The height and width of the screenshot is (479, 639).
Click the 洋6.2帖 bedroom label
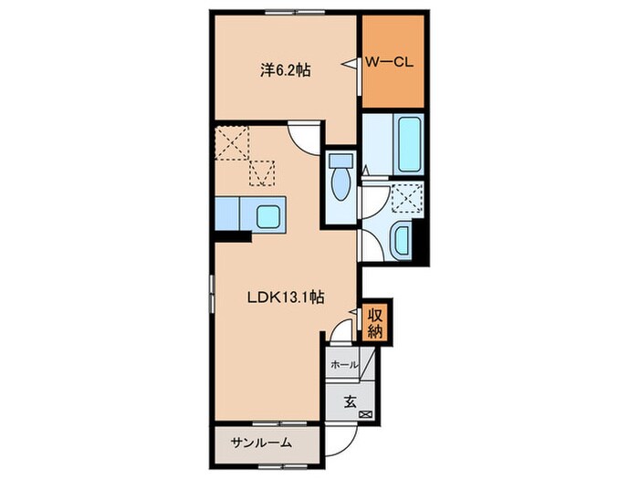285,70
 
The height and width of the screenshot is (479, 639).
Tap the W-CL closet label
389,62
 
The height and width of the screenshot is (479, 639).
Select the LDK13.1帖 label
286,297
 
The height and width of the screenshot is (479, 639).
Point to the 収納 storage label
375,324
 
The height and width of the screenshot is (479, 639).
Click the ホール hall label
344,365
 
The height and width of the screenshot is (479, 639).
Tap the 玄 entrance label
350,402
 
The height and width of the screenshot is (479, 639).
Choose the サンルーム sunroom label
261,443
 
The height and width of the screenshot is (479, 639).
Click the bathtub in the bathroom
409,144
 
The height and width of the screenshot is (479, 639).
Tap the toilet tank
340,160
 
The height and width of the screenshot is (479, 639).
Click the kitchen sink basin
268,216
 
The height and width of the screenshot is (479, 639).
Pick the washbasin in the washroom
402,240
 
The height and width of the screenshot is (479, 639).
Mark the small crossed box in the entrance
365,414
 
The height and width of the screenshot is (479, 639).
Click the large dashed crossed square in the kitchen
232,142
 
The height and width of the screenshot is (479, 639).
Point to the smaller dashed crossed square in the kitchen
262,173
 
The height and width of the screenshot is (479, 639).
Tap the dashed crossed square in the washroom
407,198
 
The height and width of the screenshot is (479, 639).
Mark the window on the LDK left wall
212,294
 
